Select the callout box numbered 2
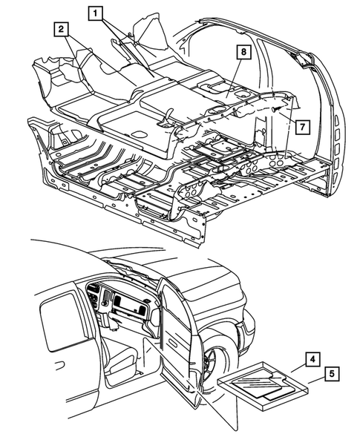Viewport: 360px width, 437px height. pos(61,29)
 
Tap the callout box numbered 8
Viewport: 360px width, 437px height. pos(241,52)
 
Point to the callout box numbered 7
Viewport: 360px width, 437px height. pos(301,126)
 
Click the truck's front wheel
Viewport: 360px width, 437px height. pos(213,364)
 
